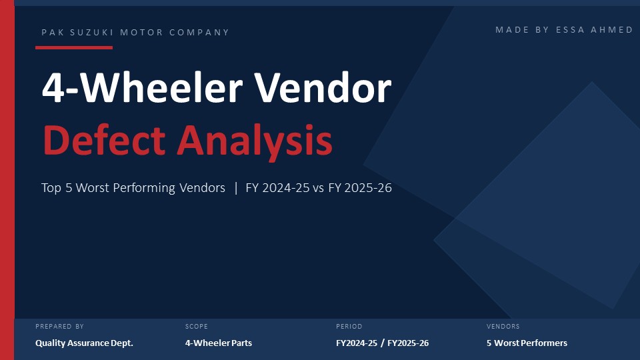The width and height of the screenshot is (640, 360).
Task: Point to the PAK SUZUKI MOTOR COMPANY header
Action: (135, 33)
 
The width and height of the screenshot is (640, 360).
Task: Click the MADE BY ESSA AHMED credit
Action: (564, 30)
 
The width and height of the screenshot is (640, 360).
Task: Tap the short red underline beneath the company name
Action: (74, 47)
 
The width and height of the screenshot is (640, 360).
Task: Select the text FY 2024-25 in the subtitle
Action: (277, 188)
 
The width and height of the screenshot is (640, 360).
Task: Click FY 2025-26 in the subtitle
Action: (359, 188)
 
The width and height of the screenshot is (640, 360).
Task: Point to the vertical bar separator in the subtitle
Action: (235, 188)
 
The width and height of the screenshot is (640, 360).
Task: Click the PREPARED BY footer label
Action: (60, 327)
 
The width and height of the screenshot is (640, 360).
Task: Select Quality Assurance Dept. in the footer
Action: (85, 343)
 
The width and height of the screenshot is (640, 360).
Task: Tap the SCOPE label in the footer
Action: (197, 327)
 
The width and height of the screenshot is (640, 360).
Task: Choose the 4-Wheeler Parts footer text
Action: (219, 343)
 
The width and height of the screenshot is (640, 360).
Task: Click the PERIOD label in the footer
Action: (349, 327)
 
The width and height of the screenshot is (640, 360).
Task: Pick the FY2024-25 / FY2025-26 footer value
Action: (383, 343)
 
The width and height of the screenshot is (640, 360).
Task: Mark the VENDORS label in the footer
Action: (503, 327)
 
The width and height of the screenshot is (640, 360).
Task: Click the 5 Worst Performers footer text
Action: (527, 343)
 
